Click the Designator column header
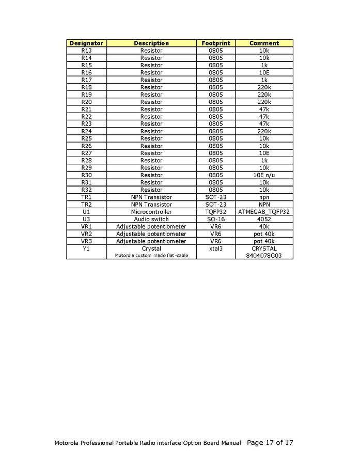[86, 43]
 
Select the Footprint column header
[216, 43]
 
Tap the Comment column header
[264, 43]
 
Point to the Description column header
[151, 43]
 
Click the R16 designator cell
[86, 73]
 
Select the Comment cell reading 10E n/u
[264, 175]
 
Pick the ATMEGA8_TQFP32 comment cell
[264, 212]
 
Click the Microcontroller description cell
[151, 212]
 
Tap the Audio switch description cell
[151, 219]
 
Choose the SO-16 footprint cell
[216, 219]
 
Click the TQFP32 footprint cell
[216, 212]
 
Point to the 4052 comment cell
[264, 219]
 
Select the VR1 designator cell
[86, 226]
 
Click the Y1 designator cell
[86, 249]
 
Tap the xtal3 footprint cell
[216, 249]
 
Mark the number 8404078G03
[264, 255]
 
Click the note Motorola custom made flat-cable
[151, 255]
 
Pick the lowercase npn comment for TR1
[264, 197]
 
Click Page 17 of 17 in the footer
[270, 443]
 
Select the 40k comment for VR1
[264, 226]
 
